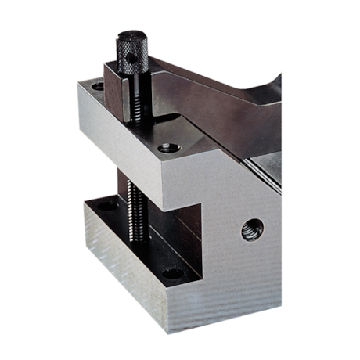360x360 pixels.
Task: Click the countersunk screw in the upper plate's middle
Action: (x=168, y=147)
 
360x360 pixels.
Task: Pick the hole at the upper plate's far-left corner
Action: (x=97, y=86)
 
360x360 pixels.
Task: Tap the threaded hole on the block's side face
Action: (x=252, y=229)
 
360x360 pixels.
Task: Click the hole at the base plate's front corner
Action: (x=174, y=274)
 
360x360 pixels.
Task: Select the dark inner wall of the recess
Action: (x=168, y=235)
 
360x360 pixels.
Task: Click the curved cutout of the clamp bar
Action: (x=270, y=82)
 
